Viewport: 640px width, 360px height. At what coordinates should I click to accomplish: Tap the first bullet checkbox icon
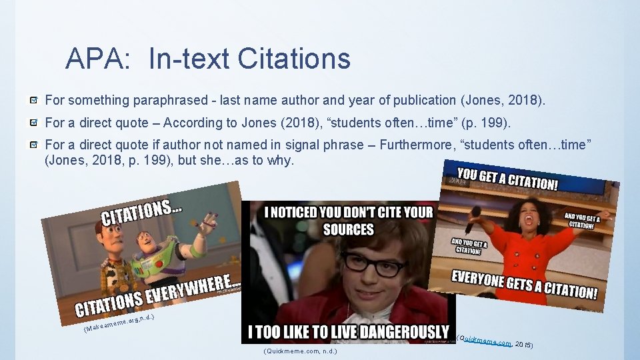33,101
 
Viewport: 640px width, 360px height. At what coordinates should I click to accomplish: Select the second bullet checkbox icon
33,123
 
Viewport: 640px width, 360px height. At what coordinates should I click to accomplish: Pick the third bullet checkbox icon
33,145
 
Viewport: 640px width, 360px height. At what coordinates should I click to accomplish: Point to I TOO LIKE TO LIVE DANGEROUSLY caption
348,331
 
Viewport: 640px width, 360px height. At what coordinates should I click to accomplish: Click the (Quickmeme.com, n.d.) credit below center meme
300,351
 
